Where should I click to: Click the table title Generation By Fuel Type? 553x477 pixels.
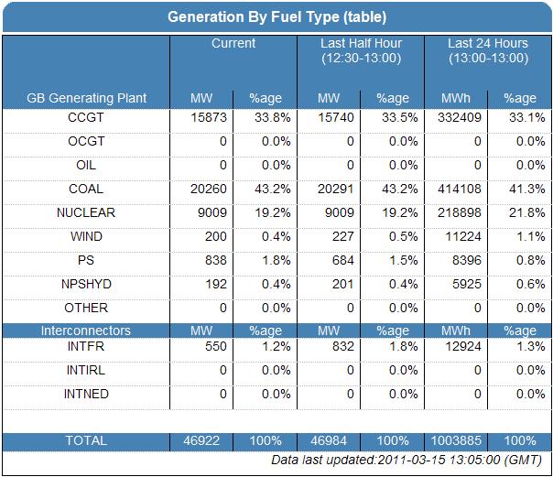276,16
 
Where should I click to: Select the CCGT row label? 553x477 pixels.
86,118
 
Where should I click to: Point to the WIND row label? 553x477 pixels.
86,237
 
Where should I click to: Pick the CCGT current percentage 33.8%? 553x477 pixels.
265,118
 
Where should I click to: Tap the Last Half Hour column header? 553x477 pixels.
361,50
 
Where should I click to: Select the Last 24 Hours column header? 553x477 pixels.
488,50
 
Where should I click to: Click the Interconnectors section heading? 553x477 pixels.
86,331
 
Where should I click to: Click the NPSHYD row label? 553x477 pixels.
86,285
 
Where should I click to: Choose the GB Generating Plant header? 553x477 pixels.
86,98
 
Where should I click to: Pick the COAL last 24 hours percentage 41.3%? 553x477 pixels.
519,190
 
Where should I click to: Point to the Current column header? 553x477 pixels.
233,44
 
